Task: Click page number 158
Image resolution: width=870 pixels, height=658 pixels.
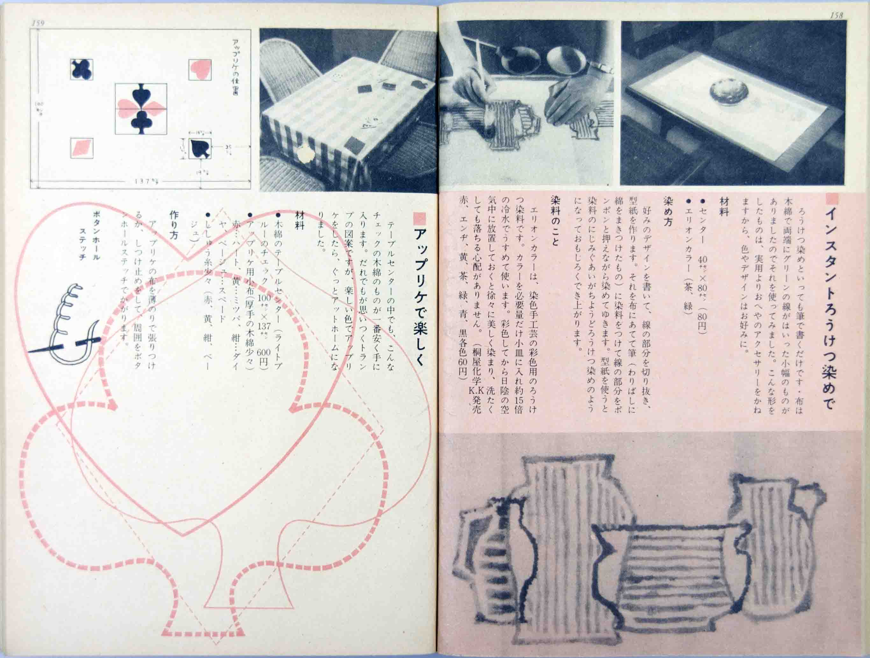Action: [836, 15]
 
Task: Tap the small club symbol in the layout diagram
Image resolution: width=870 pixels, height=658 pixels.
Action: [82, 69]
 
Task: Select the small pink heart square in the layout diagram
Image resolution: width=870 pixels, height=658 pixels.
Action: [200, 70]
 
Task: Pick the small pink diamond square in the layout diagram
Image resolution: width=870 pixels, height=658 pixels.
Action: [82, 148]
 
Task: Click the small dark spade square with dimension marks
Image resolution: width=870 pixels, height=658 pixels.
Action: [200, 149]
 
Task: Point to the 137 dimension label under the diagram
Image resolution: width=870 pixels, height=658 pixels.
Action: [146, 181]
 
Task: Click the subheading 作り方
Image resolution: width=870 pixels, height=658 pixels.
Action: [174, 224]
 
